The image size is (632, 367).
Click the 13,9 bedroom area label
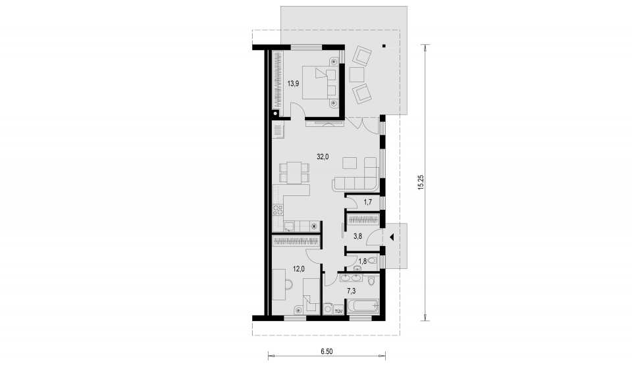(293, 84)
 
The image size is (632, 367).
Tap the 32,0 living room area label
(323, 157)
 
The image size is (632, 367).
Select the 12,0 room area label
(299, 270)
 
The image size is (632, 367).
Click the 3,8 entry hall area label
(357, 237)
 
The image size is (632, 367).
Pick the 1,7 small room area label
(368, 202)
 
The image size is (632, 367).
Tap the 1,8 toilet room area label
(362, 261)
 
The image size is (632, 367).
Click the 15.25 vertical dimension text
(421, 182)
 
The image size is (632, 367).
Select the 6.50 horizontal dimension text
(327, 352)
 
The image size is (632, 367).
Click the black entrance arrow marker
(391, 237)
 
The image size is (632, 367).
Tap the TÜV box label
(338, 311)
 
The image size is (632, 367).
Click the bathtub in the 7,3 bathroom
(363, 306)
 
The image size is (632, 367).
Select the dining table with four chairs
(295, 172)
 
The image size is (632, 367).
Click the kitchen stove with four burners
(278, 210)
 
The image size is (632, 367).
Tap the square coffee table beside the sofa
(350, 162)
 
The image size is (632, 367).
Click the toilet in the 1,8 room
(373, 261)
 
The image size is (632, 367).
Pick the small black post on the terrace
(384, 45)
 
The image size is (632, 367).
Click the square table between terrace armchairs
(357, 75)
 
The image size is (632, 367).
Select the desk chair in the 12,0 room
(288, 284)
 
